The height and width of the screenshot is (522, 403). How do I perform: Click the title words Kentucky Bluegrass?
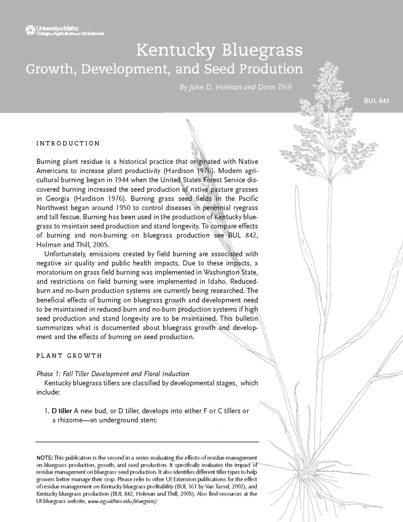coord(219,50)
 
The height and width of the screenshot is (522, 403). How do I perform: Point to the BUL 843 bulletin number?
coord(376,101)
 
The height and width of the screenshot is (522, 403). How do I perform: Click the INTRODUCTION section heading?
coord(68,144)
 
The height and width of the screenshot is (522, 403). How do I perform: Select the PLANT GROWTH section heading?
coord(69,356)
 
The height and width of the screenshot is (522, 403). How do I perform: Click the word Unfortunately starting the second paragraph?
coord(65,254)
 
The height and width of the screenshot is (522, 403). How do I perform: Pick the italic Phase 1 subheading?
coord(113,374)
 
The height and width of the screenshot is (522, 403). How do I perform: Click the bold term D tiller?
coord(62,411)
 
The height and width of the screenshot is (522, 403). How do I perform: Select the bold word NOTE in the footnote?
coord(45,458)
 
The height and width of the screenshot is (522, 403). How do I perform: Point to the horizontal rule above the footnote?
coord(147,442)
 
